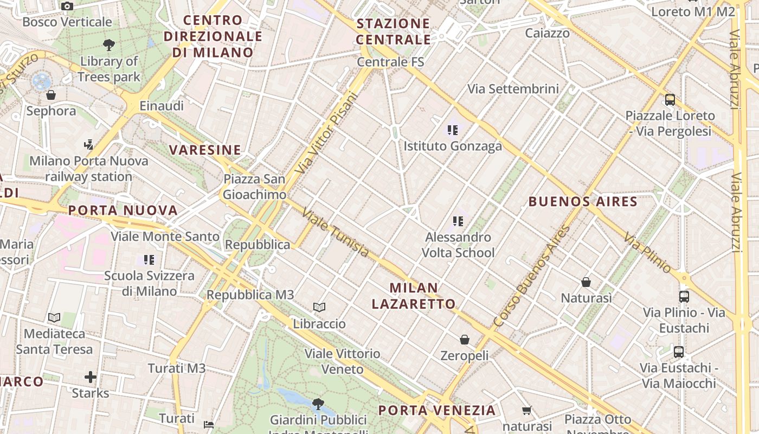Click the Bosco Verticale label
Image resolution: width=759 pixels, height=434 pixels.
[67, 22]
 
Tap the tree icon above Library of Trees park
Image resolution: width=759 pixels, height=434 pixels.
[109, 45]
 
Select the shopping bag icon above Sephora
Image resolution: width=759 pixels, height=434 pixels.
[51, 95]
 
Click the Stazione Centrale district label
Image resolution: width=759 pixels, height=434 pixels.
[394, 31]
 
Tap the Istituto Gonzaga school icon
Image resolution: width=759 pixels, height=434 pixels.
[453, 130]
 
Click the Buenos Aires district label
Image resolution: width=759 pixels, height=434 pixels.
[583, 202]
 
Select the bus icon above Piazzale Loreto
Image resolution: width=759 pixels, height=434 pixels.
[670, 100]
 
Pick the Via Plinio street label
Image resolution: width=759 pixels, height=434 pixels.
[647, 252]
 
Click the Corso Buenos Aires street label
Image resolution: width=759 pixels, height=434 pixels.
[532, 276]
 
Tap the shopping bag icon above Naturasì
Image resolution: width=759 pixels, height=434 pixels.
[586, 282]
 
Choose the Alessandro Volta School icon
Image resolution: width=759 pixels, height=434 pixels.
[458, 221]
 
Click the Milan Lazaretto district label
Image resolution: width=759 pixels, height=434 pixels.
[414, 296]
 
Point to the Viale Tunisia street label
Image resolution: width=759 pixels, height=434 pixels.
[336, 233]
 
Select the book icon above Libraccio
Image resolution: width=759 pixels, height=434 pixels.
[319, 308]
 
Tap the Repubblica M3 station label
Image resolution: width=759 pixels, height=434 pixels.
[250, 295]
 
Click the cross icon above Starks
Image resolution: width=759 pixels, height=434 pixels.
[91, 376]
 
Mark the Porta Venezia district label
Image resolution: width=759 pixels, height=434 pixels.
[437, 410]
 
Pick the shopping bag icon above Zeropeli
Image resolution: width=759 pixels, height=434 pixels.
[465, 340]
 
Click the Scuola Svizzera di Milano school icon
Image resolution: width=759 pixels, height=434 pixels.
[149, 260]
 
